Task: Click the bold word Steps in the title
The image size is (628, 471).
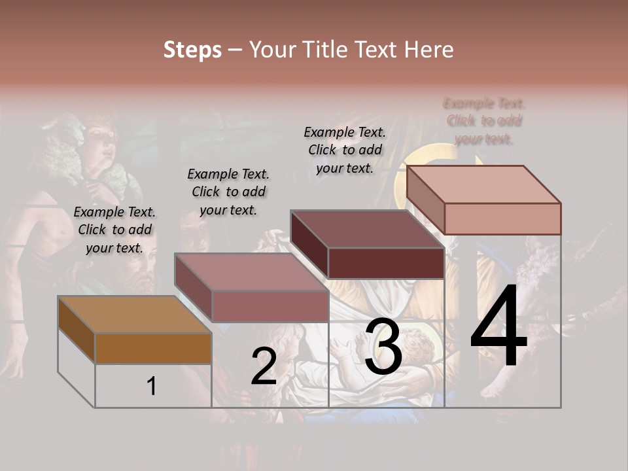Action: (192, 50)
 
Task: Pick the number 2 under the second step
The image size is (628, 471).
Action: (264, 367)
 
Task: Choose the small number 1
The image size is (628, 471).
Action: (152, 387)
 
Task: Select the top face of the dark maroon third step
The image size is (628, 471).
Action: (367, 229)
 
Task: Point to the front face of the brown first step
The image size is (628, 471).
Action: (153, 349)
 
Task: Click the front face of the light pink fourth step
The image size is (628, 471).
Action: (502, 218)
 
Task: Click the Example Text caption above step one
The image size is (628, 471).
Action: (114, 230)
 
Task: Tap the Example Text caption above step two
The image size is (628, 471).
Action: (228, 192)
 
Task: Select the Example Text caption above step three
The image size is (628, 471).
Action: (345, 150)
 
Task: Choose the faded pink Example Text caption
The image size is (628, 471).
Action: (484, 121)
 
